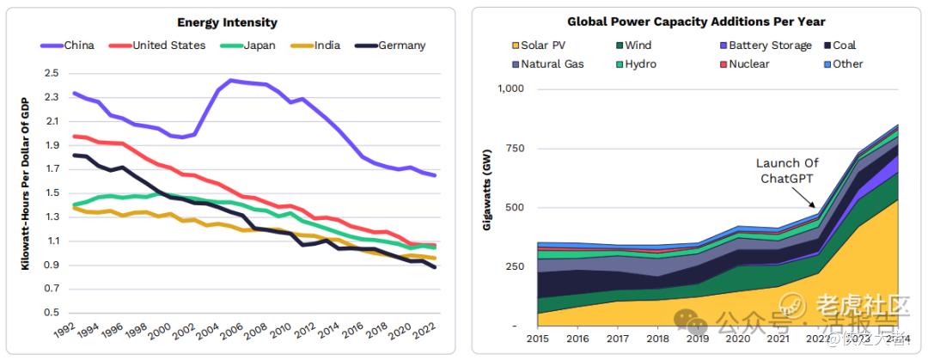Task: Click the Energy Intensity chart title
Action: point(227,22)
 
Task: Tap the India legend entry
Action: point(319,46)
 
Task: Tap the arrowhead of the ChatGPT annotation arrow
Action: point(815,207)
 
